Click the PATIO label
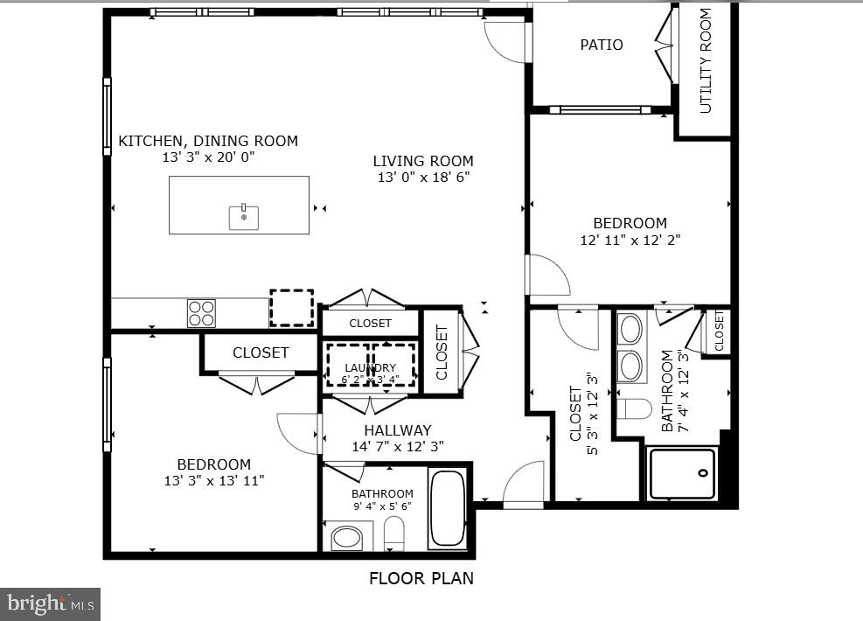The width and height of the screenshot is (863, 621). (602, 45)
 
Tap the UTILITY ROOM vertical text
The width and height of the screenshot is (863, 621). (706, 61)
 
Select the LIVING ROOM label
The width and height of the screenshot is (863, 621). (423, 161)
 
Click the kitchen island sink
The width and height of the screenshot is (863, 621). (243, 216)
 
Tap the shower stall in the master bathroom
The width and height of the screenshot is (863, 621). (682, 474)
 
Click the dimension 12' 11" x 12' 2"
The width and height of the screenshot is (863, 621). (630, 240)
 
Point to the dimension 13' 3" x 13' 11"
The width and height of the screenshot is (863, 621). (214, 480)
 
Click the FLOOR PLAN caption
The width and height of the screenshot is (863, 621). (421, 578)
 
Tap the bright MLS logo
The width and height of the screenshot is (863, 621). (50, 604)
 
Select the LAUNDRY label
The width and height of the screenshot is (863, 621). (370, 367)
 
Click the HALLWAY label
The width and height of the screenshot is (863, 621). (398, 430)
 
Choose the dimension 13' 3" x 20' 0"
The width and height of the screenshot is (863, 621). (208, 157)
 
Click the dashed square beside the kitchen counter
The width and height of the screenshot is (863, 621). (291, 308)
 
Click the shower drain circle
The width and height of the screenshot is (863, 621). (704, 473)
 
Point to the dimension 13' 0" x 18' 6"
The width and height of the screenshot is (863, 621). (423, 178)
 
